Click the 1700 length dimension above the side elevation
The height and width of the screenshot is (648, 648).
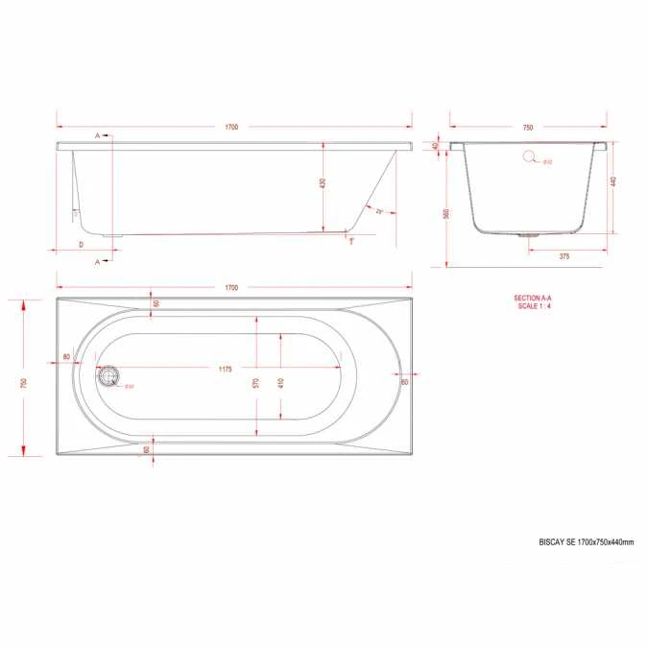point(233,127)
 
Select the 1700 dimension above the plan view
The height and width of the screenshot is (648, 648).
point(231,287)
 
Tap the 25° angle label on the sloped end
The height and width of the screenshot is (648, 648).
point(380,210)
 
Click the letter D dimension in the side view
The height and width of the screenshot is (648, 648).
point(81,246)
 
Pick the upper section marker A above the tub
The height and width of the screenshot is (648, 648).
point(97,136)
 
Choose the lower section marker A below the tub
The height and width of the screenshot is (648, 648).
point(97,260)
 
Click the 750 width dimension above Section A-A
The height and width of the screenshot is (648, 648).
point(527,127)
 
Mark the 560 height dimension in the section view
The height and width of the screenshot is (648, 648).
point(446,214)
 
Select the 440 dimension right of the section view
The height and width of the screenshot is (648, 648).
point(612,182)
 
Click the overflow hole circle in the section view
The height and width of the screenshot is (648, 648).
point(529,159)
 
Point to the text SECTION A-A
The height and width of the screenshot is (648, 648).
point(533,299)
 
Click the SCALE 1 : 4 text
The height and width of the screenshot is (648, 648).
point(533,306)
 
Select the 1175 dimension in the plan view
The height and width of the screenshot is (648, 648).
point(225,369)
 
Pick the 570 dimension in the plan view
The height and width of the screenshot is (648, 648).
point(256,382)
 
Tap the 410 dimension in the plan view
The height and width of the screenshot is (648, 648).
point(280,382)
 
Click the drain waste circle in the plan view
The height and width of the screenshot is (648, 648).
point(108,376)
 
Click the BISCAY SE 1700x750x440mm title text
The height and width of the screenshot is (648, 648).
point(587,542)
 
